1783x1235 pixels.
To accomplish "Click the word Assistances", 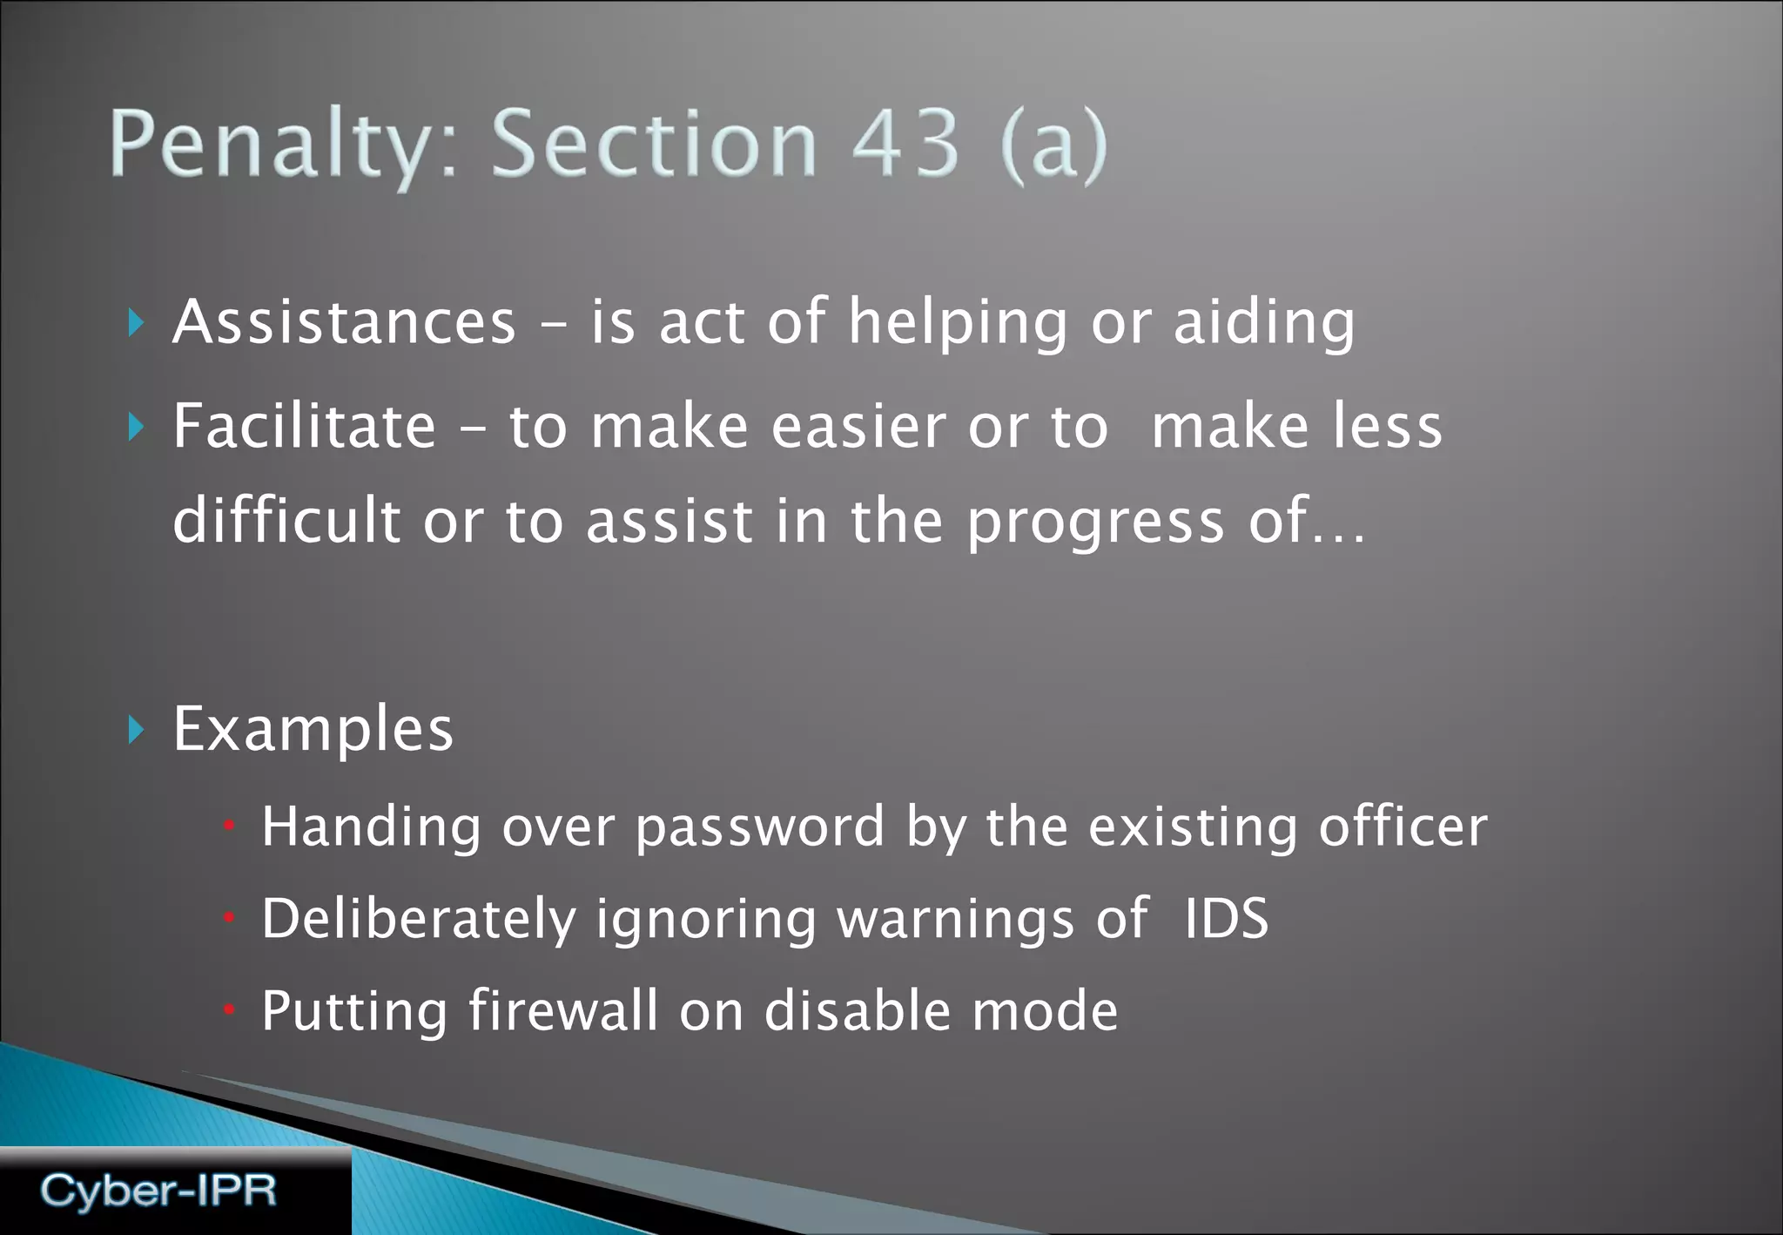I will [x=345, y=322].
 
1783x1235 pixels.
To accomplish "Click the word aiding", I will [x=1264, y=322].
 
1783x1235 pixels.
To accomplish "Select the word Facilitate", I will [x=304, y=426].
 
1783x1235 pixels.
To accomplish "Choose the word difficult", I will [x=286, y=520].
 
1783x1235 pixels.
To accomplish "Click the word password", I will [x=760, y=827].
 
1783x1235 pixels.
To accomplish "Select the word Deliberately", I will [x=419, y=920].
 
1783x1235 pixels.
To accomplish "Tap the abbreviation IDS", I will [x=1226, y=918].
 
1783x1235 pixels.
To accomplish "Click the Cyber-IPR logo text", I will [x=158, y=1191].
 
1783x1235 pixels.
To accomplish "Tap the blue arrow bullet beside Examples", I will [x=135, y=730].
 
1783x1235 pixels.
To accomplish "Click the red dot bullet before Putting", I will [x=229, y=1010].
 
